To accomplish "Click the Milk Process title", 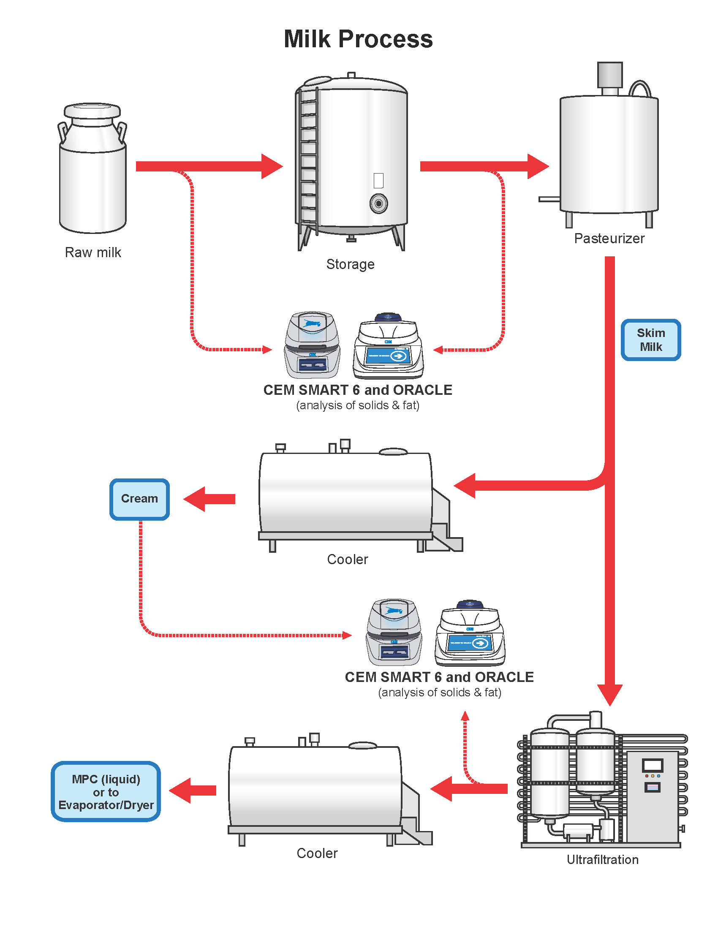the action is [x=358, y=39].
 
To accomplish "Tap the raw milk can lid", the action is [x=92, y=111].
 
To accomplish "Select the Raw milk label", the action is [x=93, y=252].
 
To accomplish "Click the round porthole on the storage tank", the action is [x=378, y=204].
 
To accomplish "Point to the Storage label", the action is [x=351, y=264].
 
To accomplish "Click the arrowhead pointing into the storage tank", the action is [x=272, y=166].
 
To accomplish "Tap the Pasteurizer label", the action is [x=609, y=238].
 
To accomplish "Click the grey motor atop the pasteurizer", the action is [x=610, y=75].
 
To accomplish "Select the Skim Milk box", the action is [x=651, y=340].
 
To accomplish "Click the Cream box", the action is [x=139, y=500].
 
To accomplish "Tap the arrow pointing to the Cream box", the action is [x=209, y=499].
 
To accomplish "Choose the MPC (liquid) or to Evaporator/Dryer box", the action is [x=106, y=792].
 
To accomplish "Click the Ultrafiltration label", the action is [x=603, y=860].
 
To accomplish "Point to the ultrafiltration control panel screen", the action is [x=653, y=766].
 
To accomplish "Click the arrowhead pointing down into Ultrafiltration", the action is [x=609, y=695].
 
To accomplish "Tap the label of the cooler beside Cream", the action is [x=348, y=560].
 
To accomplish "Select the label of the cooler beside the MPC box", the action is [x=317, y=853].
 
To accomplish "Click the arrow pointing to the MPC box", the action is [x=193, y=790].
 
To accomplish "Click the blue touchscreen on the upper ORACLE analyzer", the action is [x=388, y=355].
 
